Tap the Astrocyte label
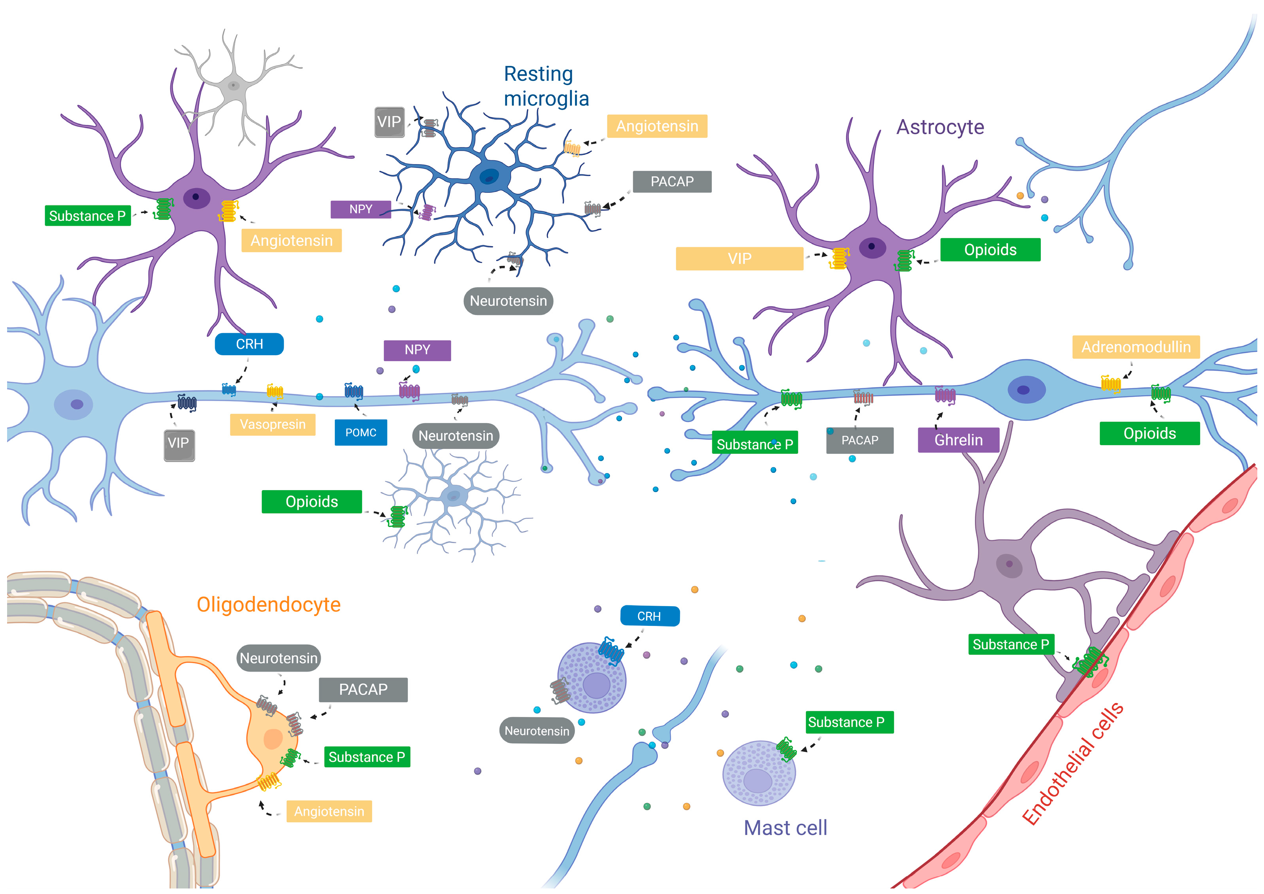click(940, 127)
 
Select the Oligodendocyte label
click(269, 605)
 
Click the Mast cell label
click(785, 828)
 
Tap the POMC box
click(360, 433)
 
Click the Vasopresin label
click(273, 424)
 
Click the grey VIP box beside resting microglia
click(389, 122)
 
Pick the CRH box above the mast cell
click(649, 616)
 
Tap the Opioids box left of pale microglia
click(312, 502)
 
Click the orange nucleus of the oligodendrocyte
click(273, 739)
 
